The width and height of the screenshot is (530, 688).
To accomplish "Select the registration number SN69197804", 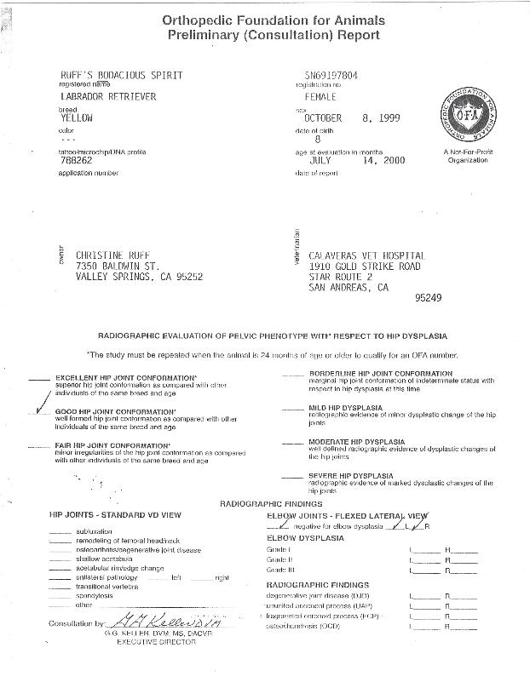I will click(x=331, y=76).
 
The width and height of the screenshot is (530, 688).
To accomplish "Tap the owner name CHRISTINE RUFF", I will click(x=115, y=255).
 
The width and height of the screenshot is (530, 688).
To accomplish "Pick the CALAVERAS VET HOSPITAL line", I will click(x=367, y=255).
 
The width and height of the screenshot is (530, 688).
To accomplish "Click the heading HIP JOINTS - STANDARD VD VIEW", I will click(x=115, y=516).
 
